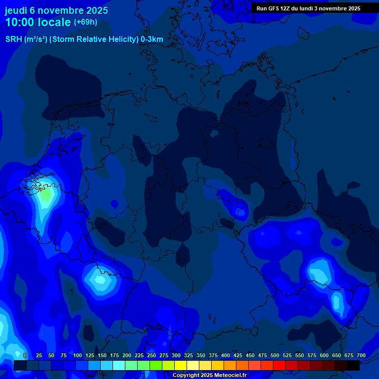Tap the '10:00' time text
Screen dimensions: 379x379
(21, 22)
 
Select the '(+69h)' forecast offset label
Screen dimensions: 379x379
(85, 22)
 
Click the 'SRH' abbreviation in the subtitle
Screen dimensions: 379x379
(13, 39)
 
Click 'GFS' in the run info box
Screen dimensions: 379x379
(275, 8)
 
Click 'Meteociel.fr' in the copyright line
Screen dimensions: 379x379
(230, 376)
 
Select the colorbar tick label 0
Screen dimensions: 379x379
(25, 355)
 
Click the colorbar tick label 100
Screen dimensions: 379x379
(77, 355)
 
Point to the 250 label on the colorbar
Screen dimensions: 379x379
(152, 355)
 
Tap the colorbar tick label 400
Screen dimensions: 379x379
(226, 355)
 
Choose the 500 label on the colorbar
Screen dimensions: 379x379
(275, 355)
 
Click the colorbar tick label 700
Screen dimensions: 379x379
(361, 355)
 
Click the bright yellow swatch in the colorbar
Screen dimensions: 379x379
(181, 365)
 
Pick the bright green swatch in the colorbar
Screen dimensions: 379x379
(156, 365)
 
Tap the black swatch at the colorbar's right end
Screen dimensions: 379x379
(353, 365)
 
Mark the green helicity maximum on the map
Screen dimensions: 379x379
(46, 194)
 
